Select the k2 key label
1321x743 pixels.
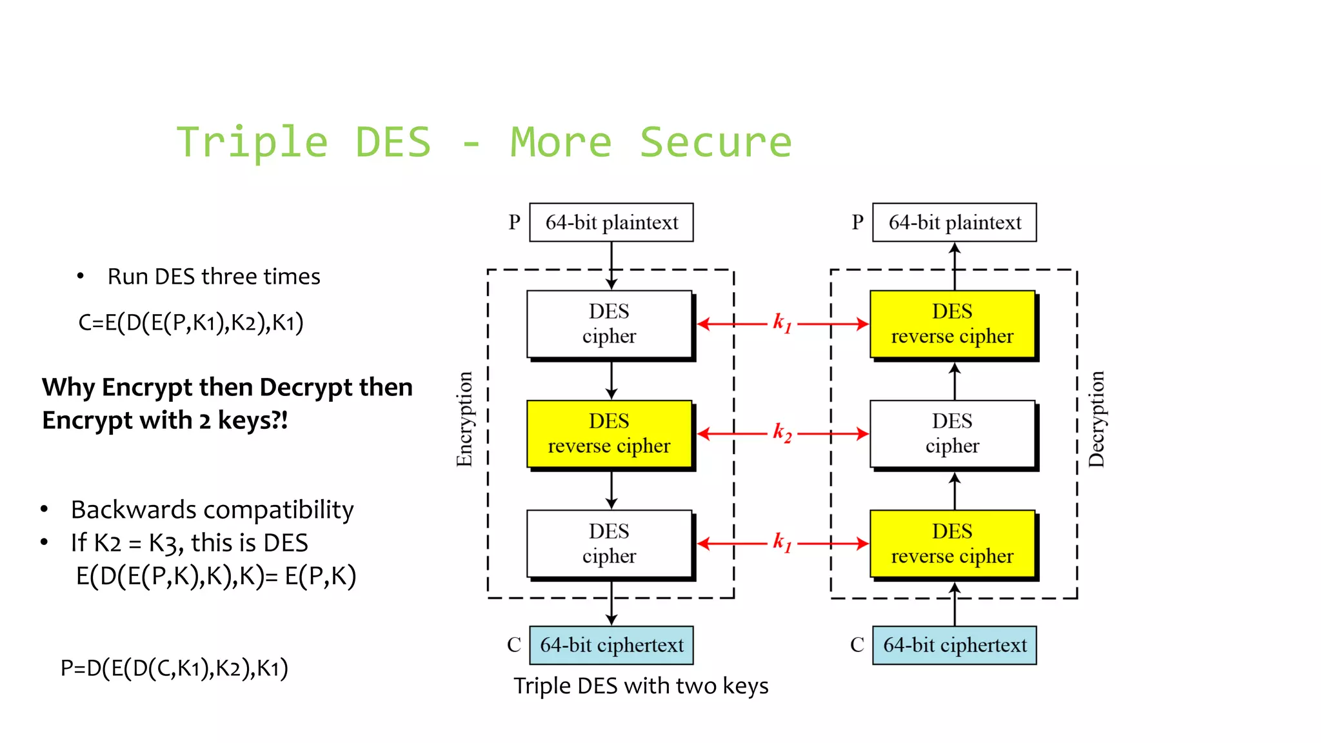[782, 433]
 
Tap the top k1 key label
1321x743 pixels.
[782, 322]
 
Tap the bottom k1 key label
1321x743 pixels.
[782, 542]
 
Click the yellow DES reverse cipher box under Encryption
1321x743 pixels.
[609, 433]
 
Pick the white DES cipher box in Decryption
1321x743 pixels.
[952, 433]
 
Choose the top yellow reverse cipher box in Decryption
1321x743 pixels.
[952, 324]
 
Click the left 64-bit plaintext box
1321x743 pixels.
[611, 223]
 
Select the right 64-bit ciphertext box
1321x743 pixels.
[954, 645]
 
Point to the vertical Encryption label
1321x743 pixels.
[464, 419]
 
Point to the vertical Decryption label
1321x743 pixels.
[1097, 419]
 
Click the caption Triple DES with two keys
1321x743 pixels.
[641, 686]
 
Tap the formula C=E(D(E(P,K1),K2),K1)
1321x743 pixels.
[190, 322]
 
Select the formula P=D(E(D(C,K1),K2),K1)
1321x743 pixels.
[174, 668]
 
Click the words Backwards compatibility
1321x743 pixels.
[212, 510]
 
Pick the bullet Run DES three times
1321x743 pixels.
[214, 277]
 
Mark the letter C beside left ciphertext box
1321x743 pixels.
[513, 645]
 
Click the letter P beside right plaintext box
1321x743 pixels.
[857, 223]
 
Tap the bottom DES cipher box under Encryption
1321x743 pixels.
[609, 543]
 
